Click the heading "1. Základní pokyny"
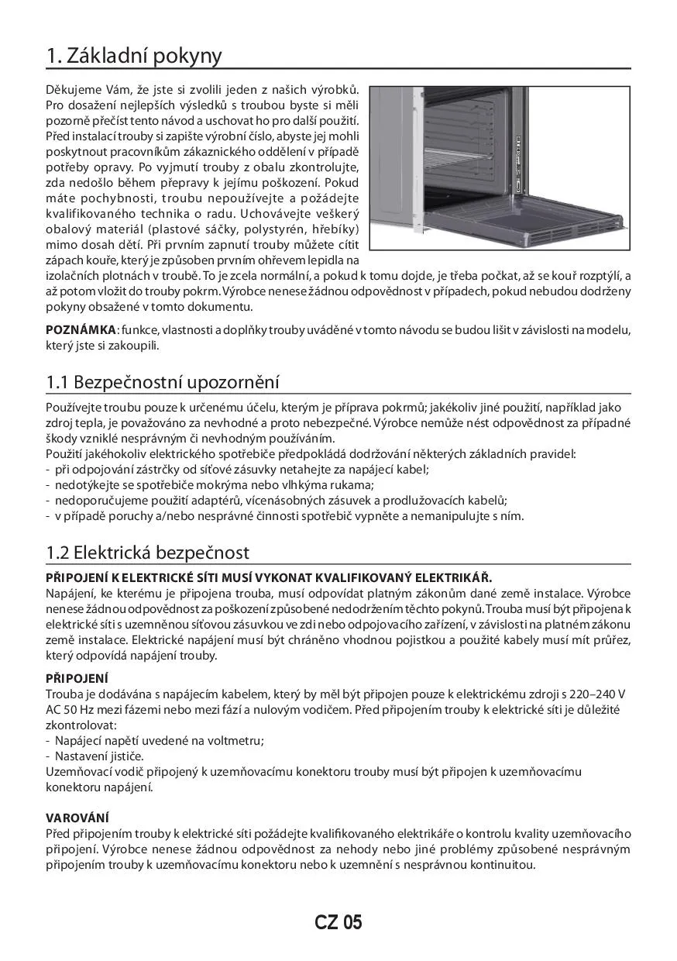click(x=134, y=56)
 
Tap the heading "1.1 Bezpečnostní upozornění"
click(x=163, y=382)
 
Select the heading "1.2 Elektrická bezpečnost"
click(x=147, y=553)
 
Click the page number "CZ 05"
click(x=338, y=922)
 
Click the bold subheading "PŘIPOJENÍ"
click(x=77, y=678)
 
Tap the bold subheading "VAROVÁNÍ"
click(x=77, y=818)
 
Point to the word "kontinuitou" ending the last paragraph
click(x=503, y=864)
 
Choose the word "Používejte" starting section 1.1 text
click(x=73, y=407)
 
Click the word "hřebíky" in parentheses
click(x=335, y=229)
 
